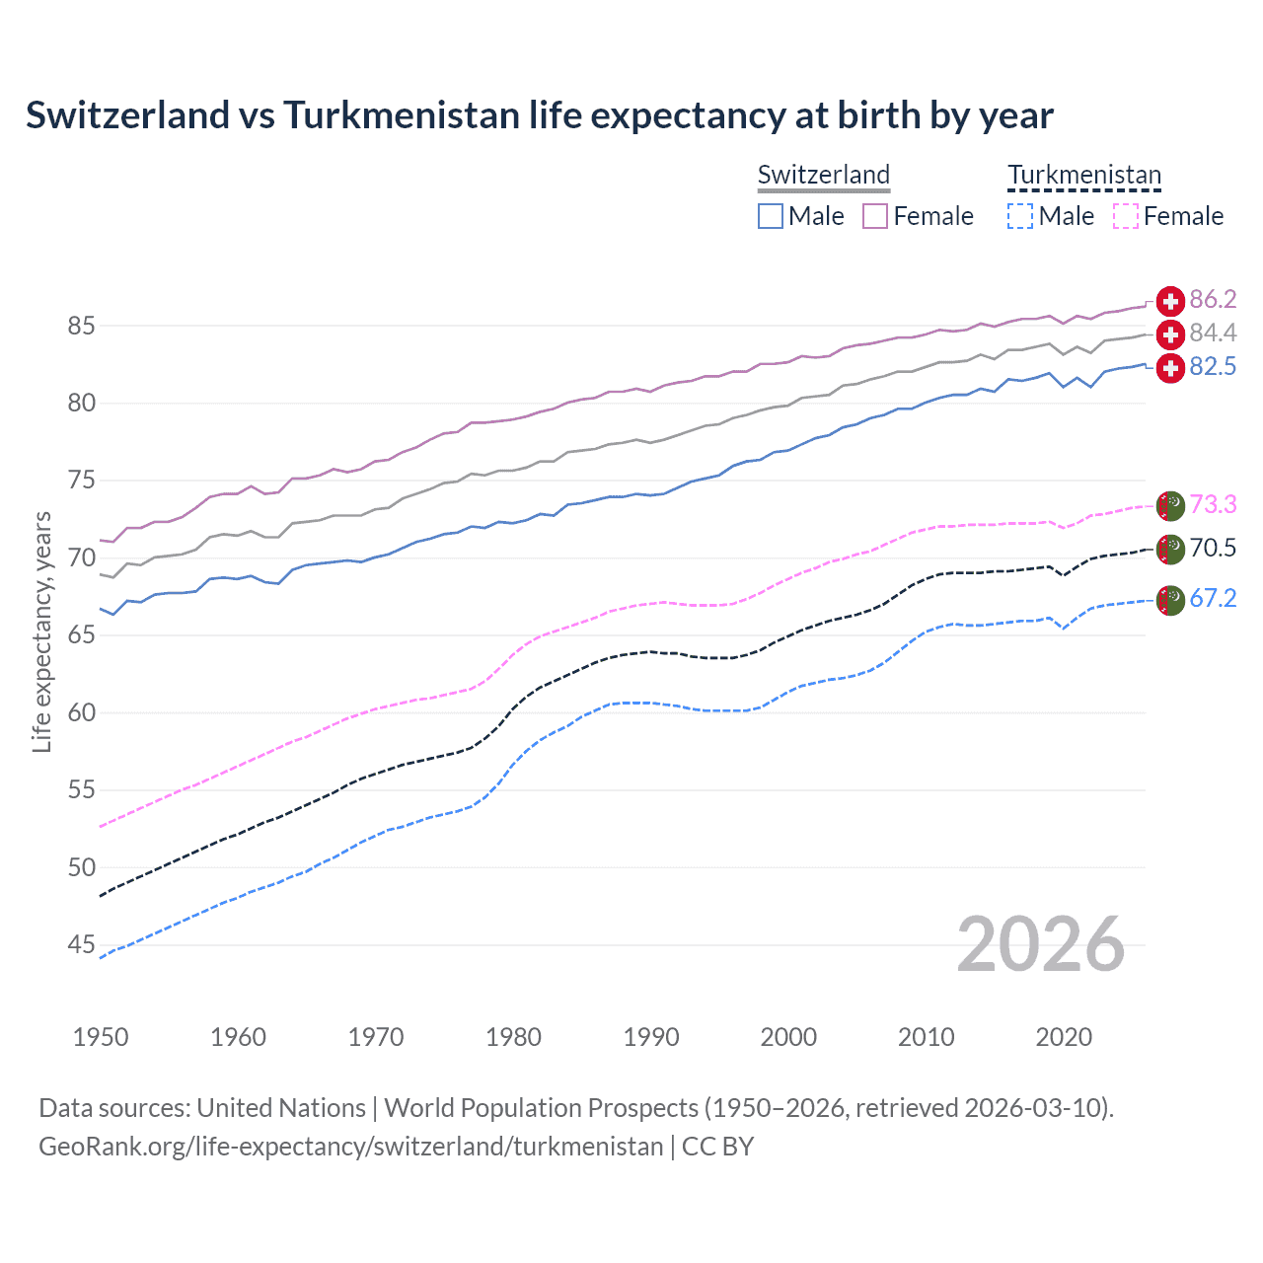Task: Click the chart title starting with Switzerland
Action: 539,115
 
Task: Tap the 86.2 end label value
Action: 1213,300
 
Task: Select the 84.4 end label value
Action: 1213,334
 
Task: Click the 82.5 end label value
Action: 1213,367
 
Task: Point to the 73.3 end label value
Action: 1213,505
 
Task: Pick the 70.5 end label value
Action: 1213,549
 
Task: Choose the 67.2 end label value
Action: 1213,599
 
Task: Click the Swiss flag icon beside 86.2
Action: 1170,301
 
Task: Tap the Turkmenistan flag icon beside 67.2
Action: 1170,600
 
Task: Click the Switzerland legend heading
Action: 824,176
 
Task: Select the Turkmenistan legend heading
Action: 1084,176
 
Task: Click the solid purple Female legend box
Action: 875,216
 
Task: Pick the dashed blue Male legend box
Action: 1020,216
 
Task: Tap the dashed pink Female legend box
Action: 1126,216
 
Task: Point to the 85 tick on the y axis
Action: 82,326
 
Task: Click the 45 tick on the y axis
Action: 82,945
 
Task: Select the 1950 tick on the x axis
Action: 101,1037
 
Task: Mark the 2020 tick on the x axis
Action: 1064,1037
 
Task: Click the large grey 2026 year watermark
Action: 1041,944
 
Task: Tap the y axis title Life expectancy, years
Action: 41,631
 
